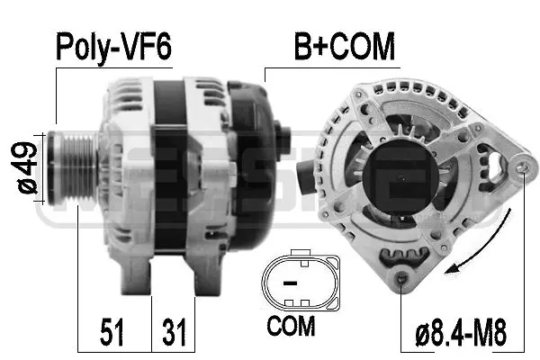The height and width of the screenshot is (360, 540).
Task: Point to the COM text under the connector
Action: point(292,326)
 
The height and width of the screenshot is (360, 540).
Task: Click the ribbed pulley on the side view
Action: point(71,163)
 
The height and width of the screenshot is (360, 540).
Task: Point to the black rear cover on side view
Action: point(252,162)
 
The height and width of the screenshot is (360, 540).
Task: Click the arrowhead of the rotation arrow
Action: point(460,266)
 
